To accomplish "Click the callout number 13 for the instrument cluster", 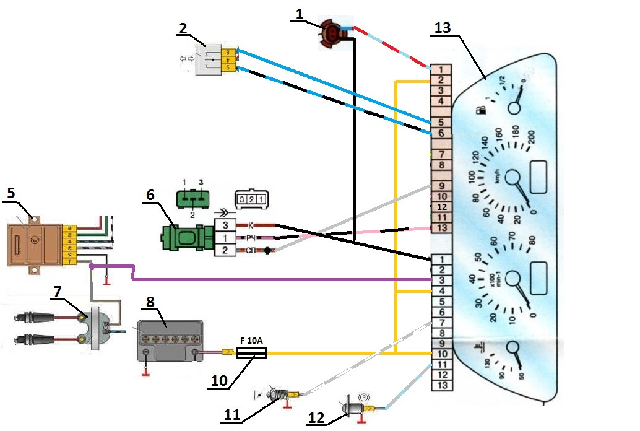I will coord(443,28).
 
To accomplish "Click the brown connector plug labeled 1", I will coord(332,34).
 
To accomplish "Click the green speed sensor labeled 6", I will coord(186,238).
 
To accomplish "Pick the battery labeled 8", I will coord(170,341).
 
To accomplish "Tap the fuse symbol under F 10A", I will coord(251,354).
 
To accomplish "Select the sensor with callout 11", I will coord(285,394).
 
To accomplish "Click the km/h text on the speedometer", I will coord(498,176).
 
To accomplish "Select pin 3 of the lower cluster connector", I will coord(441,280).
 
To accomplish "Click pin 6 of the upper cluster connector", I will coord(441,133).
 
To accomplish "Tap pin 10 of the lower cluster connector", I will coord(441,354).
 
